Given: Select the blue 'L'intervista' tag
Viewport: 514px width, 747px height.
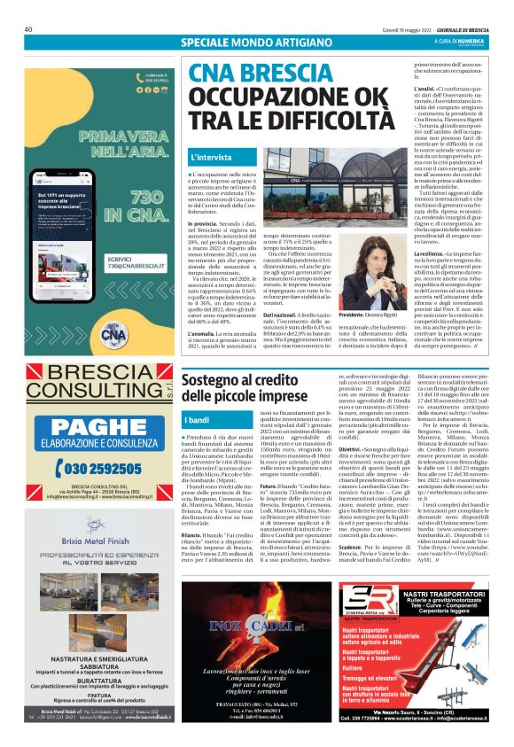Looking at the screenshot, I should pyautogui.click(x=212, y=158).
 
